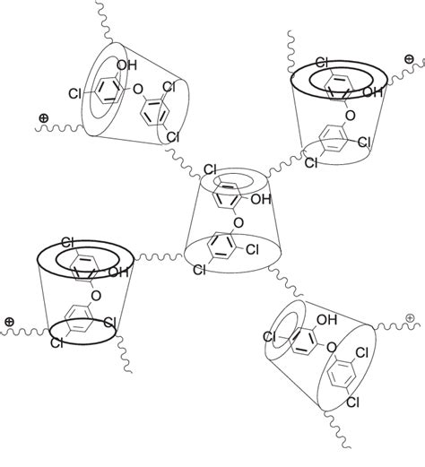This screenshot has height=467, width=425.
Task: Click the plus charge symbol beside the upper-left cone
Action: (43, 117)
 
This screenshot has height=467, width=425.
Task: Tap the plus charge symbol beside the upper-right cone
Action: (409, 58)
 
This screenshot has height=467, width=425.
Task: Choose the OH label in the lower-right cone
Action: (327, 318)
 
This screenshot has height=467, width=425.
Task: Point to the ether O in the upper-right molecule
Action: (351, 116)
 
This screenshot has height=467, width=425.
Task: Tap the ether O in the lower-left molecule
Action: (95, 291)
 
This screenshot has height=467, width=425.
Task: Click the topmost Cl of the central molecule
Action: (210, 168)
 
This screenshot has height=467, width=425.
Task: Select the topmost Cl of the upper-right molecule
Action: (322, 62)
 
